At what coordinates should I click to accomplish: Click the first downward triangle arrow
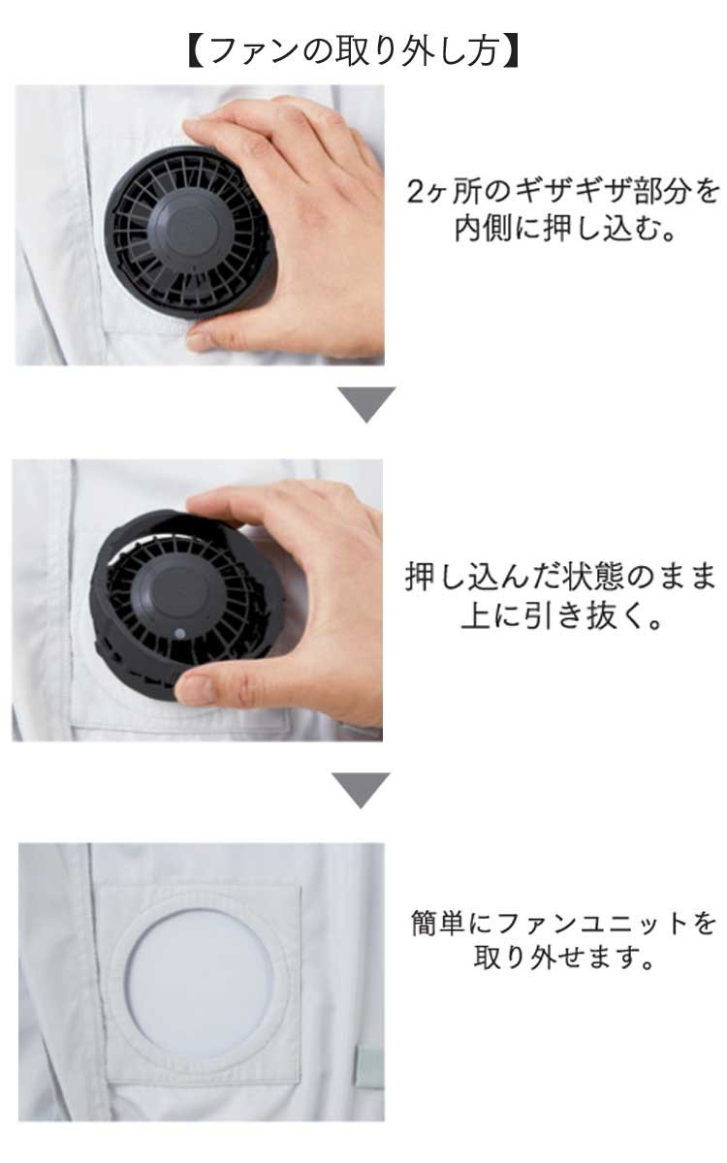(x=366, y=403)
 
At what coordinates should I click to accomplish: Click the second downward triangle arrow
(x=361, y=790)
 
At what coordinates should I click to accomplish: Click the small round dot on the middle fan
(x=180, y=634)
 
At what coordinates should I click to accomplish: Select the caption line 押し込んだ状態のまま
(x=560, y=577)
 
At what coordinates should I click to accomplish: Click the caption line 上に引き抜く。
(x=561, y=615)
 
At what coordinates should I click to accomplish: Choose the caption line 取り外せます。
(x=563, y=957)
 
